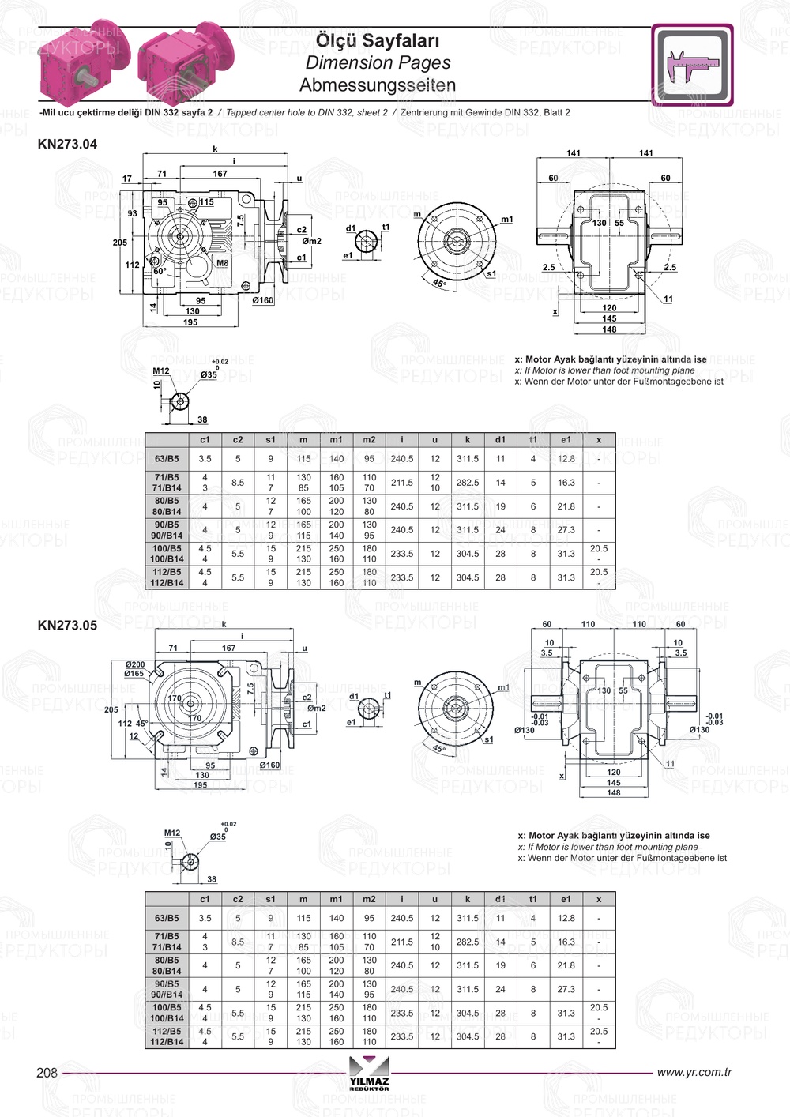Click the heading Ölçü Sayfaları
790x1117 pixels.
click(x=377, y=40)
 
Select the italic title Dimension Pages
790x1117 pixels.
click(x=378, y=62)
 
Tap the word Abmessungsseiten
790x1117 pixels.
click(x=378, y=85)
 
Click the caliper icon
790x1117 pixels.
click(x=692, y=66)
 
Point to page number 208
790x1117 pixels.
click(x=47, y=1072)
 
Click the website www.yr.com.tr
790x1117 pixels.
click(x=694, y=1072)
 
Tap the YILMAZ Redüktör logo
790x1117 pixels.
click(x=369, y=1080)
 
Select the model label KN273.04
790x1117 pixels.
click(x=67, y=144)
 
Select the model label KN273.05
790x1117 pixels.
click(x=67, y=625)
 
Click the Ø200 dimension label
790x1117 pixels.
click(x=134, y=664)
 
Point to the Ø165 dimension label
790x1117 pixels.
click(x=134, y=674)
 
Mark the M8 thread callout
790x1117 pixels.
click(x=222, y=263)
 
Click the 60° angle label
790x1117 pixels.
click(x=160, y=271)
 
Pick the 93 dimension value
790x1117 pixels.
click(x=132, y=213)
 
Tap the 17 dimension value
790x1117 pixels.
click(x=127, y=179)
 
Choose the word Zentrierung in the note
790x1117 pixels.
click(x=427, y=112)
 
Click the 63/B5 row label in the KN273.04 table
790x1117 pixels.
click(x=167, y=458)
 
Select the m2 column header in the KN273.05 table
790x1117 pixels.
click(x=369, y=899)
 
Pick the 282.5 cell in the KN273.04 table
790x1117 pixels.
click(x=467, y=482)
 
